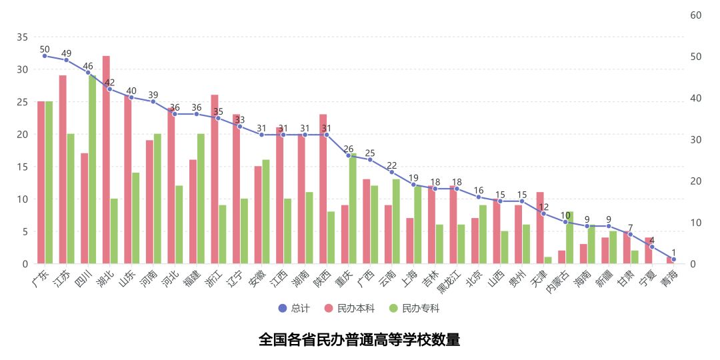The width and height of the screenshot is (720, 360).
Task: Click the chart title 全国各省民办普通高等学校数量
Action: pyautogui.click(x=359, y=340)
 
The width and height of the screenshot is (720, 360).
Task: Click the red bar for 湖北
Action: pyautogui.click(x=106, y=160)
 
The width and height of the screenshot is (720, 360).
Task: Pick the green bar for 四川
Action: pyautogui.click(x=92, y=169)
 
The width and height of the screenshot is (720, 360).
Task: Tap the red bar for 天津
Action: pyautogui.click(x=540, y=228)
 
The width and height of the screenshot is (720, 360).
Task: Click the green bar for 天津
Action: pyautogui.click(x=548, y=261)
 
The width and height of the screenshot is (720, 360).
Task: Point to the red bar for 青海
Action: pyautogui.click(x=670, y=261)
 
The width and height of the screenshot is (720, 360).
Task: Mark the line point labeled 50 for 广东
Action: pyautogui.click(x=45, y=56)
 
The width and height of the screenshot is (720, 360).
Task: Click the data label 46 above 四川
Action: pyautogui.click(x=88, y=66)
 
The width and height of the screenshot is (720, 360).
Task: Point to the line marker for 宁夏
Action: pyautogui.click(x=652, y=247)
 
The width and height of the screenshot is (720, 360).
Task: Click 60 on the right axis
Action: pyautogui.click(x=695, y=15)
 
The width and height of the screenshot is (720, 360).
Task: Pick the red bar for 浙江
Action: pyautogui.click(x=215, y=179)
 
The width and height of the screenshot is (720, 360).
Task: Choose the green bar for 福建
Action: pyautogui.click(x=201, y=199)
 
